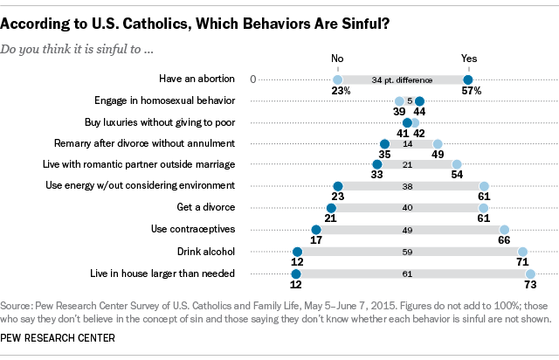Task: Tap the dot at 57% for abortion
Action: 468,80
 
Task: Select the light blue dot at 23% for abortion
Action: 338,80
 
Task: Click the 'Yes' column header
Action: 468,59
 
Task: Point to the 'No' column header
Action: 338,59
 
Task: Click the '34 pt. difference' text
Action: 403,80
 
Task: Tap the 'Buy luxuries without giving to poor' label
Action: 160,121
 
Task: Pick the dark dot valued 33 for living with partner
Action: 377,164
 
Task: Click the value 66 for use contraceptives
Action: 505,239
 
